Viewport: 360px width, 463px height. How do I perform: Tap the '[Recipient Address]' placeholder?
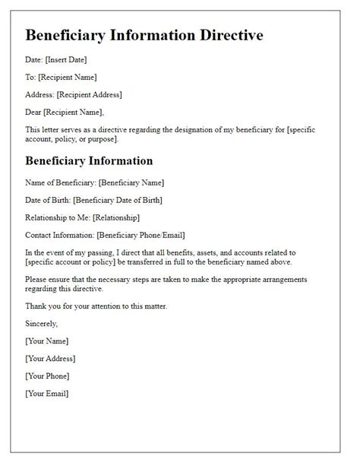(90, 94)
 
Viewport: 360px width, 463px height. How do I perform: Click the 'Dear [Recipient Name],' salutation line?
(65, 113)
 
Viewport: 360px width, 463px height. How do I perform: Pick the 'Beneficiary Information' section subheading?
(89, 160)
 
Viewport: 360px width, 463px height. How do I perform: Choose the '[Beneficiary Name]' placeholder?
(131, 182)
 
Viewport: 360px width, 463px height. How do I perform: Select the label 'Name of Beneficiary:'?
(61, 182)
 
